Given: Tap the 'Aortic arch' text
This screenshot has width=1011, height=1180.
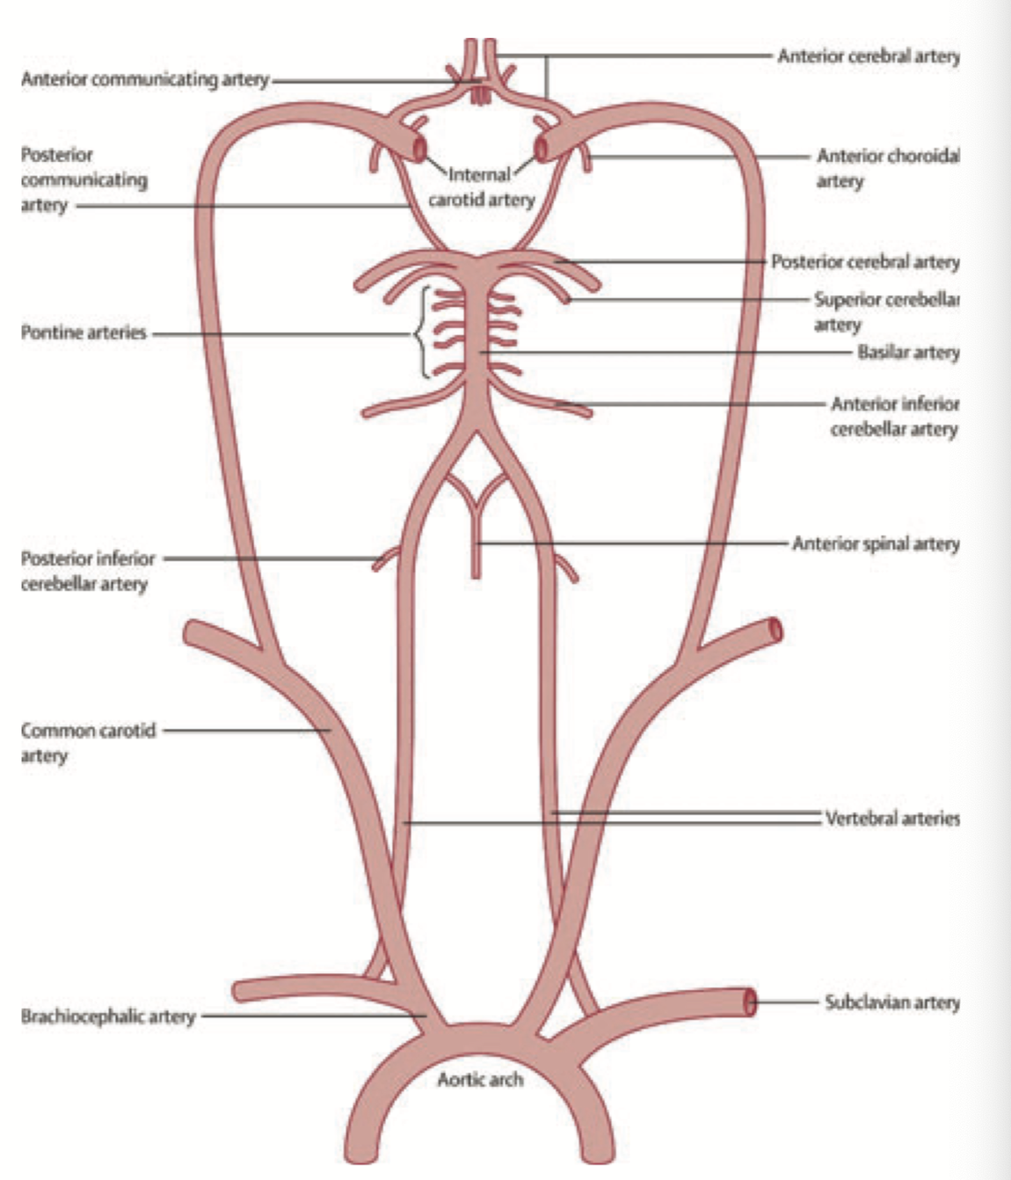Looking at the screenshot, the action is pyautogui.click(x=480, y=1079).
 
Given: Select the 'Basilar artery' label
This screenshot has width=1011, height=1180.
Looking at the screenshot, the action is pyautogui.click(x=908, y=353).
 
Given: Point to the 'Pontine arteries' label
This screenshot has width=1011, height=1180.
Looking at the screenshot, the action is pyautogui.click(x=84, y=333).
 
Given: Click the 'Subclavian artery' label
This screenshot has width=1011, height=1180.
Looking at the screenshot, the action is pyautogui.click(x=891, y=1002).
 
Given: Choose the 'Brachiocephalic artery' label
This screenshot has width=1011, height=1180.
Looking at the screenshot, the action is pyautogui.click(x=108, y=1016).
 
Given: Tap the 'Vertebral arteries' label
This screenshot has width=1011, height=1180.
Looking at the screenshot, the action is pyautogui.click(x=891, y=819).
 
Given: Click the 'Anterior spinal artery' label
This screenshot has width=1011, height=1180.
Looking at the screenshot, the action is pyautogui.click(x=876, y=544).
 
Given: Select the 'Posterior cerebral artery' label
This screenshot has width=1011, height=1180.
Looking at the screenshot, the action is pyautogui.click(x=865, y=262).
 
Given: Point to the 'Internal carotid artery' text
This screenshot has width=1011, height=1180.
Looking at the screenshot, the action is pyautogui.click(x=481, y=187).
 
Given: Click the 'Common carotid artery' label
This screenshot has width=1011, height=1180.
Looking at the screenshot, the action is pyautogui.click(x=88, y=743).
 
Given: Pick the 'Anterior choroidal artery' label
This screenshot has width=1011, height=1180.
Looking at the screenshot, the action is pyautogui.click(x=887, y=168).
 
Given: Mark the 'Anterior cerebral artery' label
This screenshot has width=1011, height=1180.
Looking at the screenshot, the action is pyautogui.click(x=868, y=56).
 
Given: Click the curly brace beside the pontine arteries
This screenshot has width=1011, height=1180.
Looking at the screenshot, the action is pyautogui.click(x=420, y=333).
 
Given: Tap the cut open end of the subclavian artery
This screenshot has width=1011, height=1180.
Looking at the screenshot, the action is pyautogui.click(x=750, y=1001).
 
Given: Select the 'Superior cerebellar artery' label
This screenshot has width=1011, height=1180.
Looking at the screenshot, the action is pyautogui.click(x=886, y=312).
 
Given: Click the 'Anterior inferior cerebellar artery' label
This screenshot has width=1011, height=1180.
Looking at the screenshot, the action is pyautogui.click(x=894, y=417).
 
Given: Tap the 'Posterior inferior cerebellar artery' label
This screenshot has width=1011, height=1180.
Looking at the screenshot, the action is pyautogui.click(x=88, y=572).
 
